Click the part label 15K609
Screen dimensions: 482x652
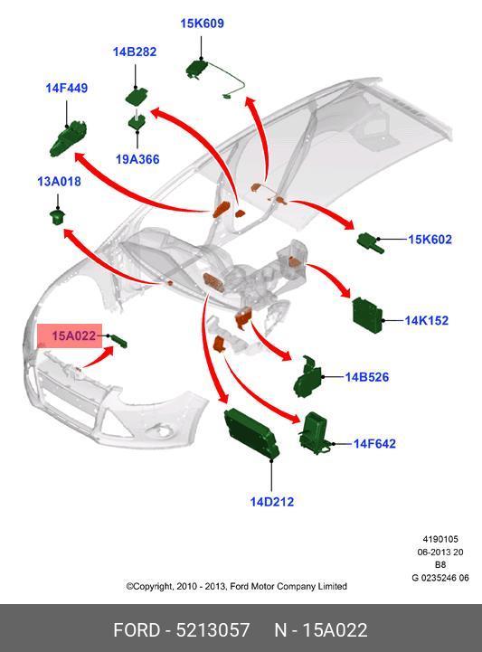pyautogui.click(x=202, y=24)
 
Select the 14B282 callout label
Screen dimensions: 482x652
pyautogui.click(x=135, y=52)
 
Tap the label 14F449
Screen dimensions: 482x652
pyautogui.click(x=67, y=88)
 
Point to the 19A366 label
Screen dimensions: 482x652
pyautogui.click(x=137, y=159)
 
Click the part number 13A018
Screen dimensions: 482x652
pyautogui.click(x=59, y=182)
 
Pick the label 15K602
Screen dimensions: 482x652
pyautogui.click(x=430, y=239)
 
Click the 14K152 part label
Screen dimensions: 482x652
pyautogui.click(x=427, y=321)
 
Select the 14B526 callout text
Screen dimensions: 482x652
pyautogui.click(x=367, y=377)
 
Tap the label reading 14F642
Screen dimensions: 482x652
pyautogui.click(x=374, y=444)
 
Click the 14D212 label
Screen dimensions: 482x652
pyautogui.click(x=272, y=502)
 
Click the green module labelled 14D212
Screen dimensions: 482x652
pyautogui.click(x=251, y=433)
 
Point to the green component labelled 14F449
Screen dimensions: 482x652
pyautogui.click(x=68, y=139)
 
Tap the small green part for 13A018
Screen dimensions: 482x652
pyautogui.click(x=59, y=217)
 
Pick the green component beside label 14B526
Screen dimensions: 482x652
pyautogui.click(x=307, y=377)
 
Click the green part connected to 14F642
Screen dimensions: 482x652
pyautogui.click(x=316, y=434)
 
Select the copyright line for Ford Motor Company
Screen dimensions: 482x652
pyautogui.click(x=236, y=586)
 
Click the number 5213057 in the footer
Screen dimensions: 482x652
pyautogui.click(x=213, y=630)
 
